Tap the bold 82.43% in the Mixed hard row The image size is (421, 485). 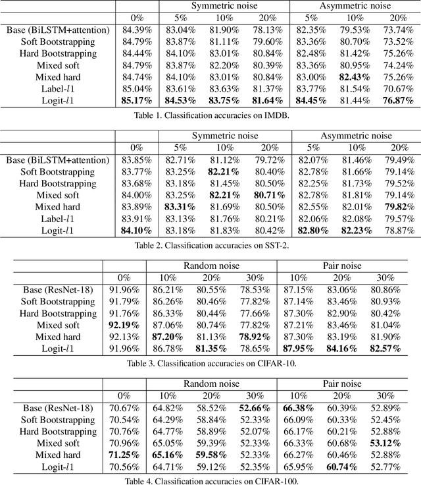coord(354,76)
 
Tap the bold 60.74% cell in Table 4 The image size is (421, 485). coord(341,467)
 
